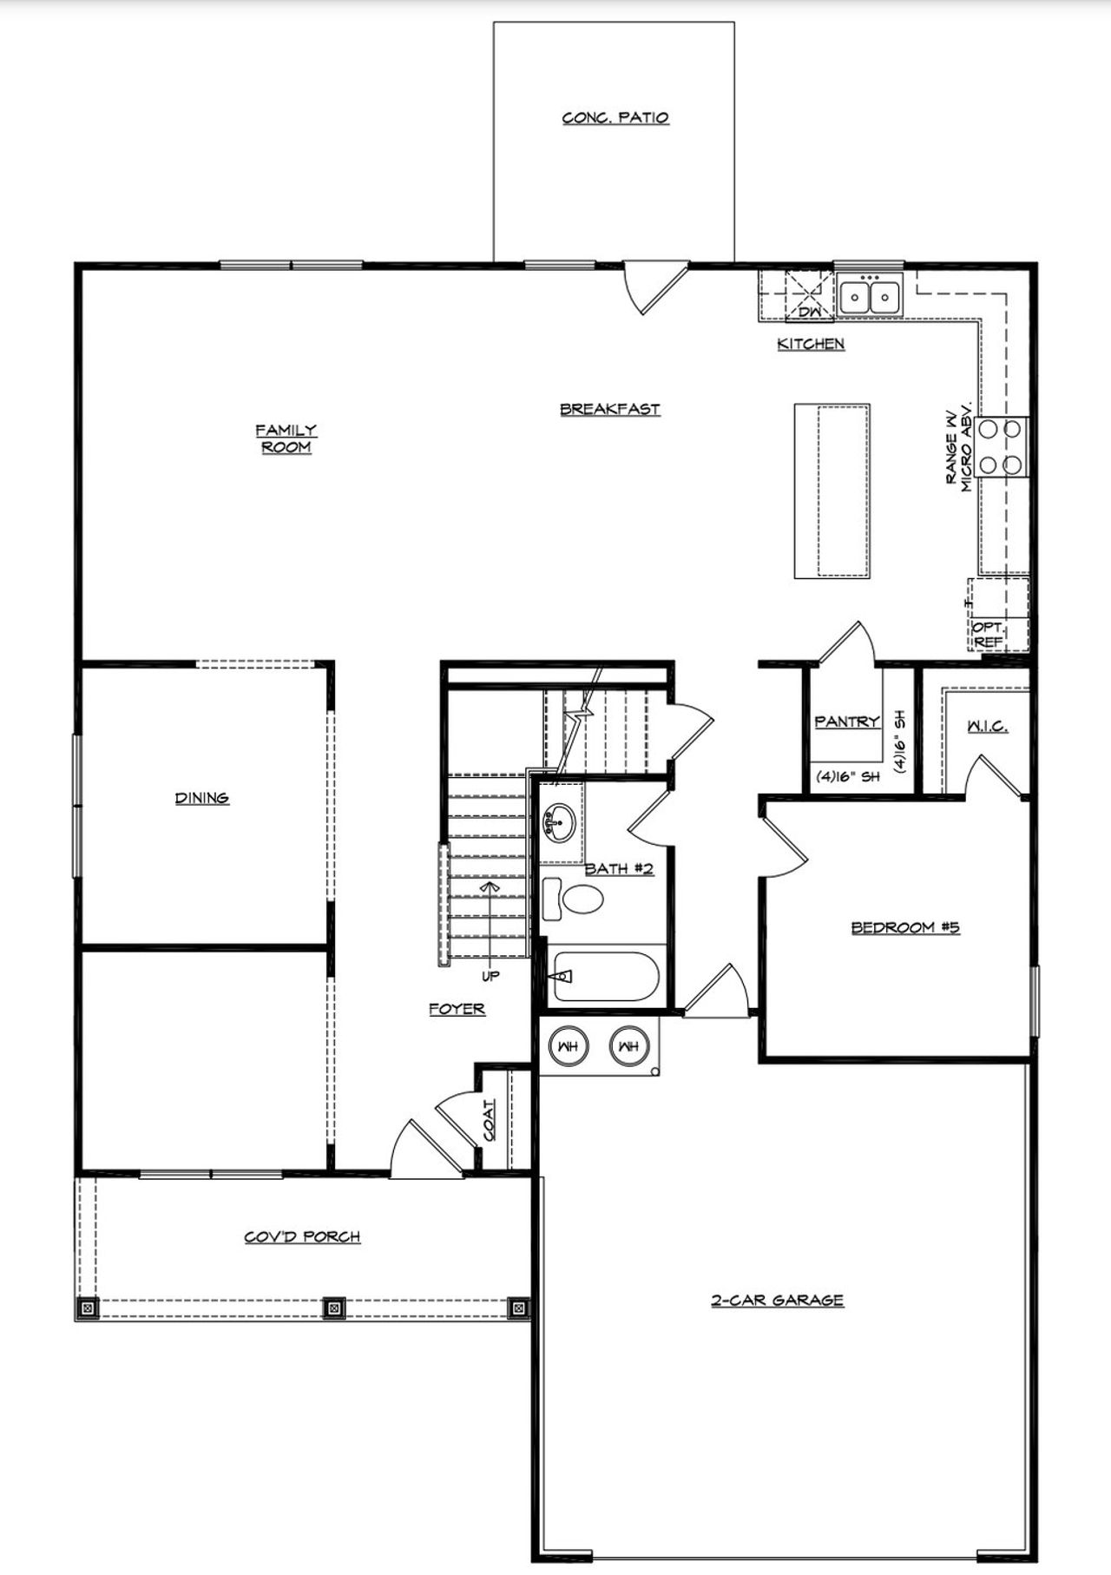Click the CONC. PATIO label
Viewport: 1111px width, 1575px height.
point(615,117)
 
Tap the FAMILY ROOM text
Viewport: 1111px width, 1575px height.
point(286,438)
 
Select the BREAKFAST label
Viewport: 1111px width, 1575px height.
point(609,409)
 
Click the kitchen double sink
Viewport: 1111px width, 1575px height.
point(870,295)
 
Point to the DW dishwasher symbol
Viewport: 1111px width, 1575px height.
point(809,310)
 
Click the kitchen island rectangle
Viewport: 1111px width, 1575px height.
point(832,491)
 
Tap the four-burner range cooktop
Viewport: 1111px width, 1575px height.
point(1001,446)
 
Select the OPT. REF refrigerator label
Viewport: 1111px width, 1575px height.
point(988,634)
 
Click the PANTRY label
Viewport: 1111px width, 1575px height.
point(846,722)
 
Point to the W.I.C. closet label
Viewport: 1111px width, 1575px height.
point(987,726)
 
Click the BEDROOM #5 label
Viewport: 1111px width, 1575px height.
point(904,927)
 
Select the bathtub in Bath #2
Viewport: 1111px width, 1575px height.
point(605,977)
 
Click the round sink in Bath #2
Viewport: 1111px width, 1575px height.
point(556,820)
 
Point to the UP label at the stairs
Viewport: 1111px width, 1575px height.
point(490,976)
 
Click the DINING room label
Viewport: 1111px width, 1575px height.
point(201,798)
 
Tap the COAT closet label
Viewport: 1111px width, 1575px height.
point(490,1120)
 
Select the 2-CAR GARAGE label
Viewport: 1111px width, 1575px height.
point(777,1300)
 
